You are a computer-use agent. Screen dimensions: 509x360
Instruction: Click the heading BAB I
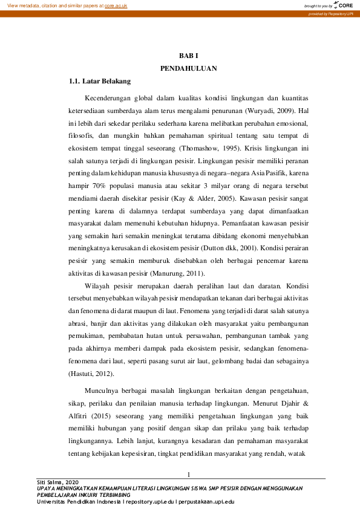(x=180, y=56)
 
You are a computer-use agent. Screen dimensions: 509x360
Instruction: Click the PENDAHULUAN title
(x=180, y=68)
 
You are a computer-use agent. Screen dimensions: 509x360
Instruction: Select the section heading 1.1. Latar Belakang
(x=100, y=81)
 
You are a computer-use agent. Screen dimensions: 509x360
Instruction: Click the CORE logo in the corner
(x=344, y=5)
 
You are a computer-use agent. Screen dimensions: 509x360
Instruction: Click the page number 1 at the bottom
(x=189, y=473)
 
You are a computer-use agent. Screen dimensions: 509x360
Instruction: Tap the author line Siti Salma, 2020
(x=54, y=482)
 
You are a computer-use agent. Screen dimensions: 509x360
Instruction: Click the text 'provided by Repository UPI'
(x=332, y=13)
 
